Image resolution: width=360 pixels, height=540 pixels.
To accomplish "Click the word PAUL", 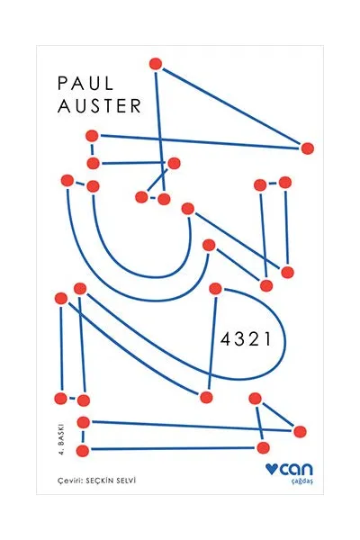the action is (x=85, y=84).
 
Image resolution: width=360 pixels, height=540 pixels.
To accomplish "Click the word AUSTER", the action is (x=100, y=106).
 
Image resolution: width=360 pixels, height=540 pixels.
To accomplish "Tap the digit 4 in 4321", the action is (x=225, y=340).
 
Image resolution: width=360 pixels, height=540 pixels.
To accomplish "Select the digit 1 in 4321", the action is (x=266, y=340).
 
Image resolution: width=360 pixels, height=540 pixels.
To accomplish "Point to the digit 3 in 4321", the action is (x=238, y=340).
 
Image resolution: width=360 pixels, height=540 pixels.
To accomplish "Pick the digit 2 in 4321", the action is (x=253, y=340).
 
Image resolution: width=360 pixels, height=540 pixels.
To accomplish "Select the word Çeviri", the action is (x=67, y=480).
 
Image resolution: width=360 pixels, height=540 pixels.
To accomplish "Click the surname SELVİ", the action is (x=126, y=480).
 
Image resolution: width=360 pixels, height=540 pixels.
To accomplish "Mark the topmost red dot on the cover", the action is (x=156, y=64).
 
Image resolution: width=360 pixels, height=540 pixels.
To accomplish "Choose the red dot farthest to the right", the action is (x=307, y=148).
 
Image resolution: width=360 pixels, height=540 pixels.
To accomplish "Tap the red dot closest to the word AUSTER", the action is (x=92, y=136).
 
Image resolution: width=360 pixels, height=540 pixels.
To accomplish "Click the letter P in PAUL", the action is (x=63, y=84).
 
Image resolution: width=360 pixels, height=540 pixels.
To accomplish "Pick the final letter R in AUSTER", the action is (x=136, y=106).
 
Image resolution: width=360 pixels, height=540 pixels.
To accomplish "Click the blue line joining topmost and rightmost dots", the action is (x=231, y=106).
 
